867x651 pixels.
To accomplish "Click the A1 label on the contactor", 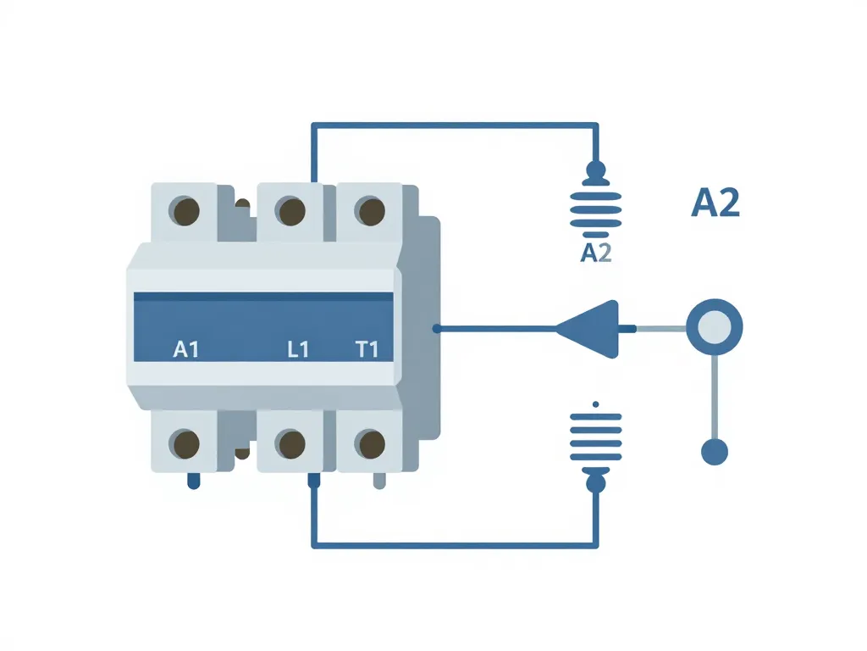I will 185,348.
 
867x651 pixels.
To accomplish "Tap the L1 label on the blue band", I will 297,348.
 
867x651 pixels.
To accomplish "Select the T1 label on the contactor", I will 367,348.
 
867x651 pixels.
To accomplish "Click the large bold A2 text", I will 715,203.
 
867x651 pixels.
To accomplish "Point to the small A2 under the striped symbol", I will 596,253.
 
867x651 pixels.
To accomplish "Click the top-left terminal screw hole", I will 185,210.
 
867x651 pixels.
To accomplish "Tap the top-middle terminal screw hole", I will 290,210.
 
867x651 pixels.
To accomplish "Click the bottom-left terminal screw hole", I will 185,442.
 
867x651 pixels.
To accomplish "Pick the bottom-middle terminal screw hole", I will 290,442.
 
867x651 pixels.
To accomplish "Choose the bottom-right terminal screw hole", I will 370,442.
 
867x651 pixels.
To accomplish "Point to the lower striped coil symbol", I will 596,435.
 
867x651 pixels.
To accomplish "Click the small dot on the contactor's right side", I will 435,328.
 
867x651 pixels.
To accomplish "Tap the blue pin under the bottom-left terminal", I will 193,481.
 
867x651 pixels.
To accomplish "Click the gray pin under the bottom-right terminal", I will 379,481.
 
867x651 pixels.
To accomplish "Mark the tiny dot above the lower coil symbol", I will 596,403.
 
